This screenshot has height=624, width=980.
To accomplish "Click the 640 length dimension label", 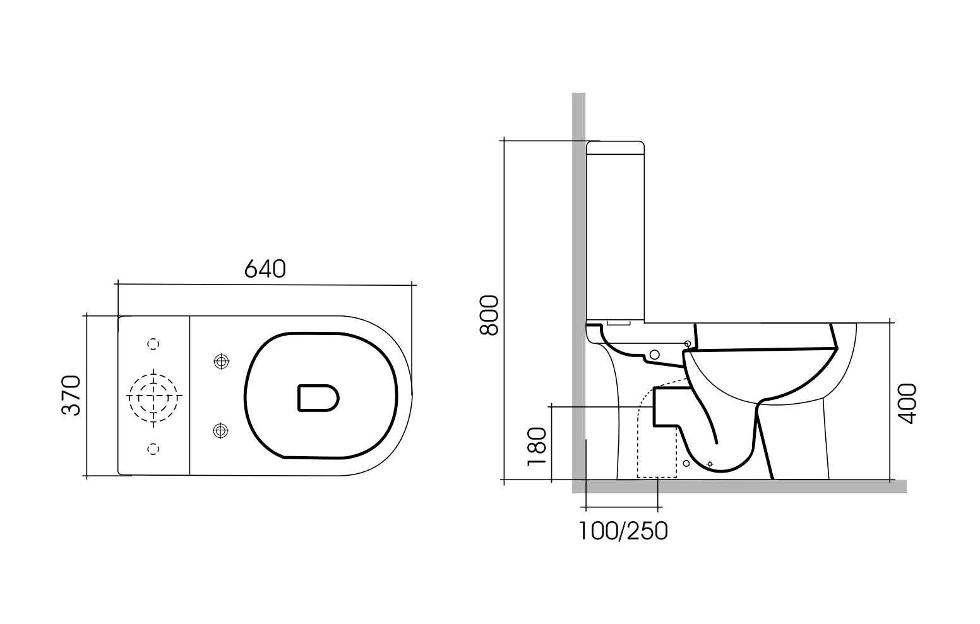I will click(265, 269).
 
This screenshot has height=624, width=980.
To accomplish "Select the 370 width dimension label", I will click(71, 395).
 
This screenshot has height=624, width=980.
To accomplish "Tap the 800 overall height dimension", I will click(489, 315).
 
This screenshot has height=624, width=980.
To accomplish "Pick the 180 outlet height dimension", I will click(535, 447).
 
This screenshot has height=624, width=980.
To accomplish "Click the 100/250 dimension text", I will click(623, 531).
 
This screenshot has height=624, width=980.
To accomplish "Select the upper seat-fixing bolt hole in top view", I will click(220, 361).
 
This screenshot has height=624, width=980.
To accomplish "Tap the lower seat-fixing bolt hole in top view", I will click(220, 430).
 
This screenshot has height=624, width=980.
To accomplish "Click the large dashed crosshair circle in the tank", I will click(154, 396).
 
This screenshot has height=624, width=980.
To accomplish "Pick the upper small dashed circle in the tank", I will click(153, 344).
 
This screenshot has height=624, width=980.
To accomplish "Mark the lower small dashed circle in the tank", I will click(153, 448).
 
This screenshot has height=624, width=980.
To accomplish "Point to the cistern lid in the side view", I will click(616, 148).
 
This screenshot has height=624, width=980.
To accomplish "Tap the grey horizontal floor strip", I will click(739, 486).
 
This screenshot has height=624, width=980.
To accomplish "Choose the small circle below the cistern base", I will click(655, 354).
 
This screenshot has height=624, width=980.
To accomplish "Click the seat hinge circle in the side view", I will click(688, 343).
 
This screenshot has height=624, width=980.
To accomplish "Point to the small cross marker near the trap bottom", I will click(710, 464).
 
